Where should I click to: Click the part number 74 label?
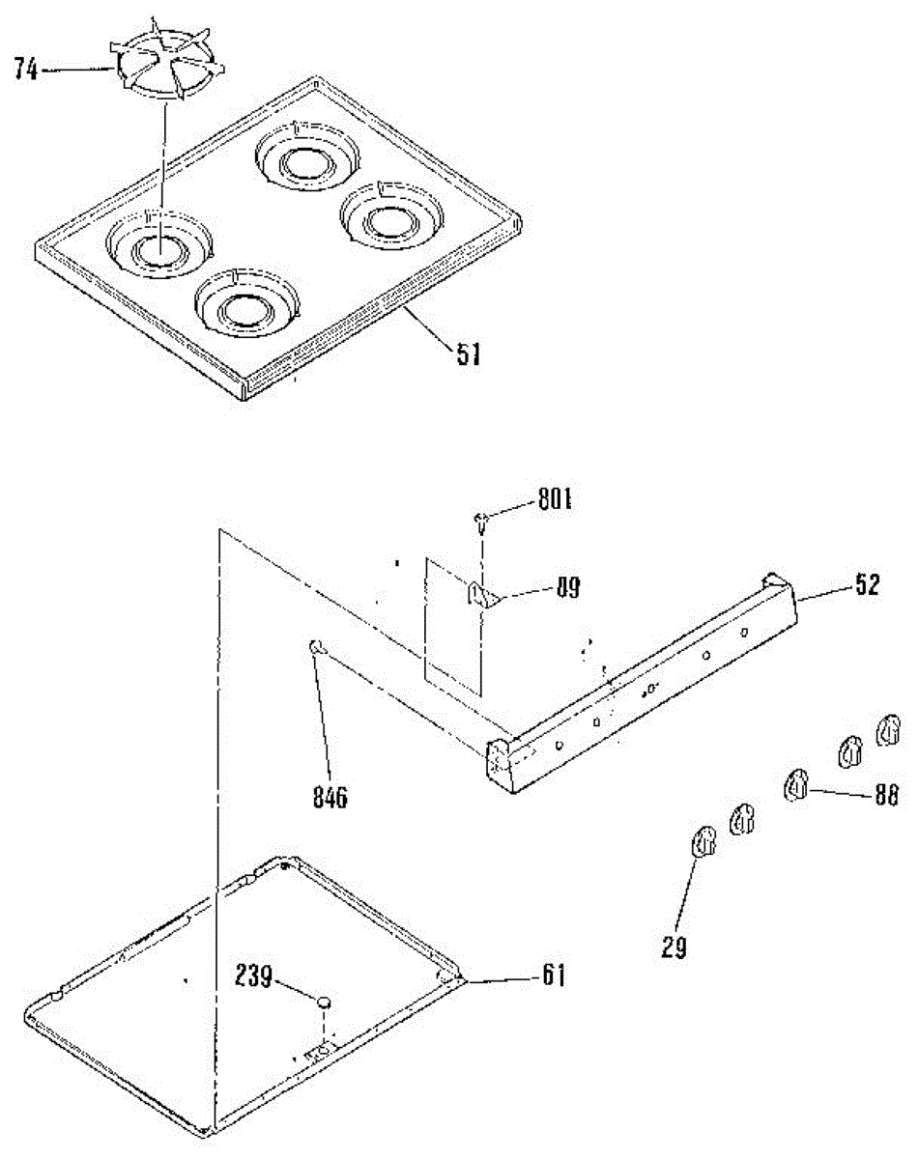click(x=26, y=70)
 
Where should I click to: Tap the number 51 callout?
click(x=467, y=356)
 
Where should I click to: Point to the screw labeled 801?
click(x=482, y=523)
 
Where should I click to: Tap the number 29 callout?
click(x=675, y=947)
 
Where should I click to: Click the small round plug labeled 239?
click(x=323, y=1001)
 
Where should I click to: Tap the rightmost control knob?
click(x=888, y=730)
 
